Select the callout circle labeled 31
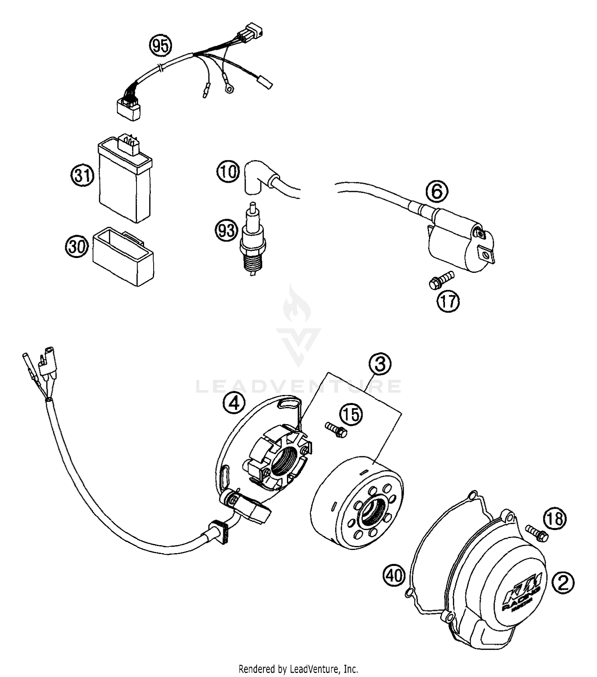coord(82,174)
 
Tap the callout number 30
coord(76,247)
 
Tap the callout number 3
coord(380,364)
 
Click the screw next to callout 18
coord(537,532)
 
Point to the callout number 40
coord(394,575)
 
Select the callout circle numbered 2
coord(563,583)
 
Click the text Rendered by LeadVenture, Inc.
coord(298,668)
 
